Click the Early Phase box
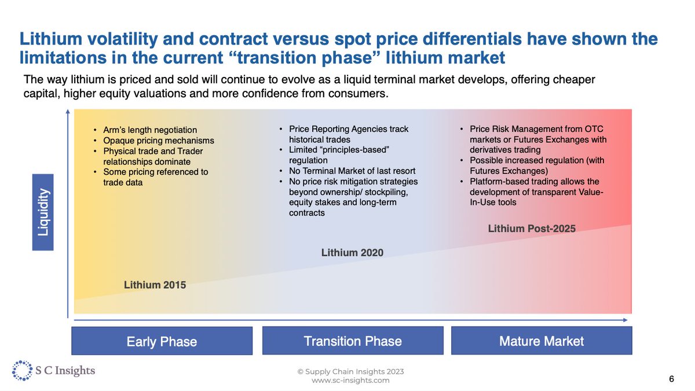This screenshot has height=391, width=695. pos(162,341)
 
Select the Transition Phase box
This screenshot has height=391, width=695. pos(352,341)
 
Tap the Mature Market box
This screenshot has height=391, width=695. pos(541,341)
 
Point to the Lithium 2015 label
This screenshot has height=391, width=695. pos(155,285)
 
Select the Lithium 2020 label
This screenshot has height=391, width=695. pos(352,253)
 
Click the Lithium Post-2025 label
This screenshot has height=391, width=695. pos(532,228)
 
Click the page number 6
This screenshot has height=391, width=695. pos(671,379)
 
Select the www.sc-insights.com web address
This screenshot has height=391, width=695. pos(350,380)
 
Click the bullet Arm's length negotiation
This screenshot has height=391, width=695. pos(150,130)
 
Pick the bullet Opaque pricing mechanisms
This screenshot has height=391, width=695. pos(158,141)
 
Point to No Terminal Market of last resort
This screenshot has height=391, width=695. pos(352,171)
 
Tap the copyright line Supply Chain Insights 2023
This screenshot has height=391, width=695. pos(350,371)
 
